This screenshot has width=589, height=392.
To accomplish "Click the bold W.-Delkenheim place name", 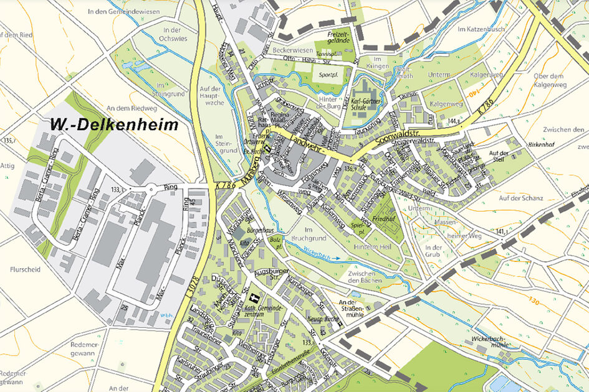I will pyautogui.click(x=110, y=125).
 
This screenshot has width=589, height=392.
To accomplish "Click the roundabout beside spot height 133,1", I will pyautogui.click(x=150, y=187).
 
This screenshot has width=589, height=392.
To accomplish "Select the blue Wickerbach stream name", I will pyautogui.click(x=317, y=254).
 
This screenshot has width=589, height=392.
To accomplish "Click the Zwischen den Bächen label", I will pyautogui.click(x=366, y=277).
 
